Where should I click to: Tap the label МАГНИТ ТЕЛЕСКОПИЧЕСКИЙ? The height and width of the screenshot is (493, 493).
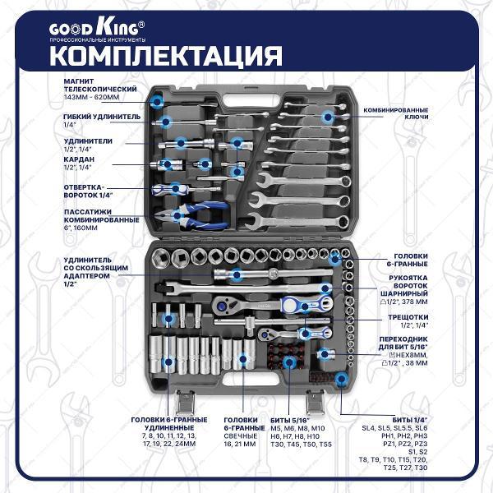pos(100,85)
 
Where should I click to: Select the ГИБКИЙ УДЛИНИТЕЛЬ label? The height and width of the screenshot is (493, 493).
pos(102,117)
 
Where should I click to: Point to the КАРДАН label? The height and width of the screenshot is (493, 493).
pos(79,159)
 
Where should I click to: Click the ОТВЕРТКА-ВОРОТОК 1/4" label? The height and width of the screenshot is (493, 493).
pos(88,191)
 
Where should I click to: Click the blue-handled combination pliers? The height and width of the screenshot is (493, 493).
pos(191,216)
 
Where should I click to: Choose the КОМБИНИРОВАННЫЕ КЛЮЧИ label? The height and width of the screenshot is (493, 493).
pos(396,113)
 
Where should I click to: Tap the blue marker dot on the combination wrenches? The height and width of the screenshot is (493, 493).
pos(328,117)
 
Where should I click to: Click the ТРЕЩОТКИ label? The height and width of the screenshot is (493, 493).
pos(408,317)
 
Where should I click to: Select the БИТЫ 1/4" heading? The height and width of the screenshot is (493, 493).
pos(410,420)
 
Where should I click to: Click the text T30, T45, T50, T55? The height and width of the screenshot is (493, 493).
pos(302,445)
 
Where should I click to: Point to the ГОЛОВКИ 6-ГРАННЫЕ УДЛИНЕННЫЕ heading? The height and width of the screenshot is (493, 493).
pos(169,424)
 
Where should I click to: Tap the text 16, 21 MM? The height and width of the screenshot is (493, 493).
pos(240,445)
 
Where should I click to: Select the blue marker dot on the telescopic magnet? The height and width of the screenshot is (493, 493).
pos(157,101)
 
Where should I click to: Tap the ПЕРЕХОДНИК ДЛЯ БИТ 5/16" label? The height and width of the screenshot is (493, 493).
pos(403,343)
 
